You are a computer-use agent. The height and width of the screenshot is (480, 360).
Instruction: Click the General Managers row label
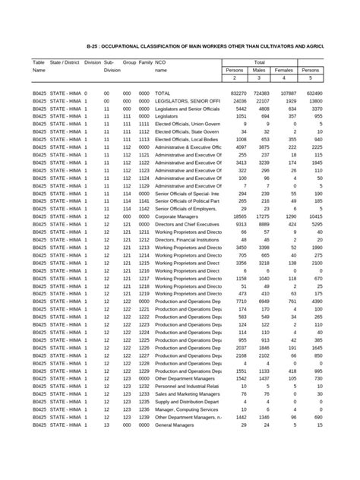coord(175,425)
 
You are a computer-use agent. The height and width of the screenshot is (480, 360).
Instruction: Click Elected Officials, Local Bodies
coord(185,140)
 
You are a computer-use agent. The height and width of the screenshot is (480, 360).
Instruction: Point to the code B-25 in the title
coord(94,46)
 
